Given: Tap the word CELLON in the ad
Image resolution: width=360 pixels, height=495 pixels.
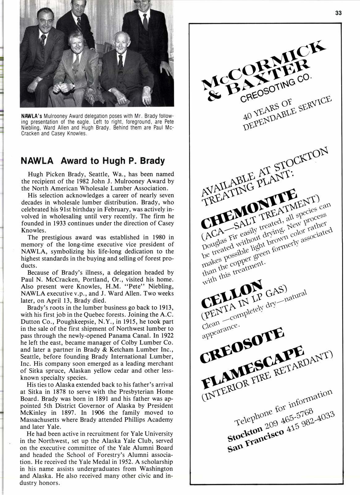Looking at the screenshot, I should [x=232, y=292].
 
